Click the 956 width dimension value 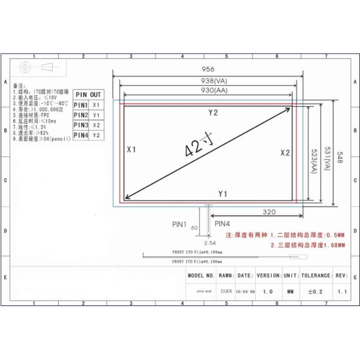pyautogui.click(x=208, y=69)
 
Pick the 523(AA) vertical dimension pyautogui.click(x=313, y=160)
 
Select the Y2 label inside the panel pyautogui.click(x=213, y=113)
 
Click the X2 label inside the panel pyautogui.click(x=285, y=152)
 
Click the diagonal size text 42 pyautogui.click(x=194, y=146)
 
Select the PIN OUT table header pyautogui.click(x=88, y=95)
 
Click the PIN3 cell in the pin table pyautogui.click(x=81, y=125)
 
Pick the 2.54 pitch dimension pyautogui.click(x=210, y=243)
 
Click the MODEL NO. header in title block pyautogui.click(x=201, y=276)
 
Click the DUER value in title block pyautogui.click(x=226, y=291)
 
